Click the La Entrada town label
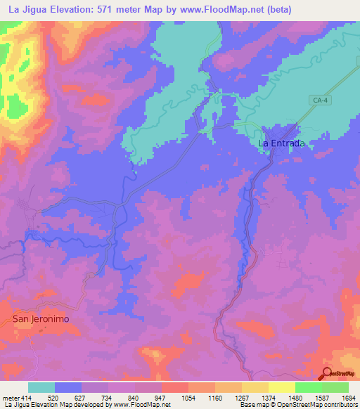click(281, 143)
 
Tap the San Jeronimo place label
click(41, 318)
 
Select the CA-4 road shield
click(320, 101)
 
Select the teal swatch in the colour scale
click(41, 387)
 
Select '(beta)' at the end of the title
click(276, 9)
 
